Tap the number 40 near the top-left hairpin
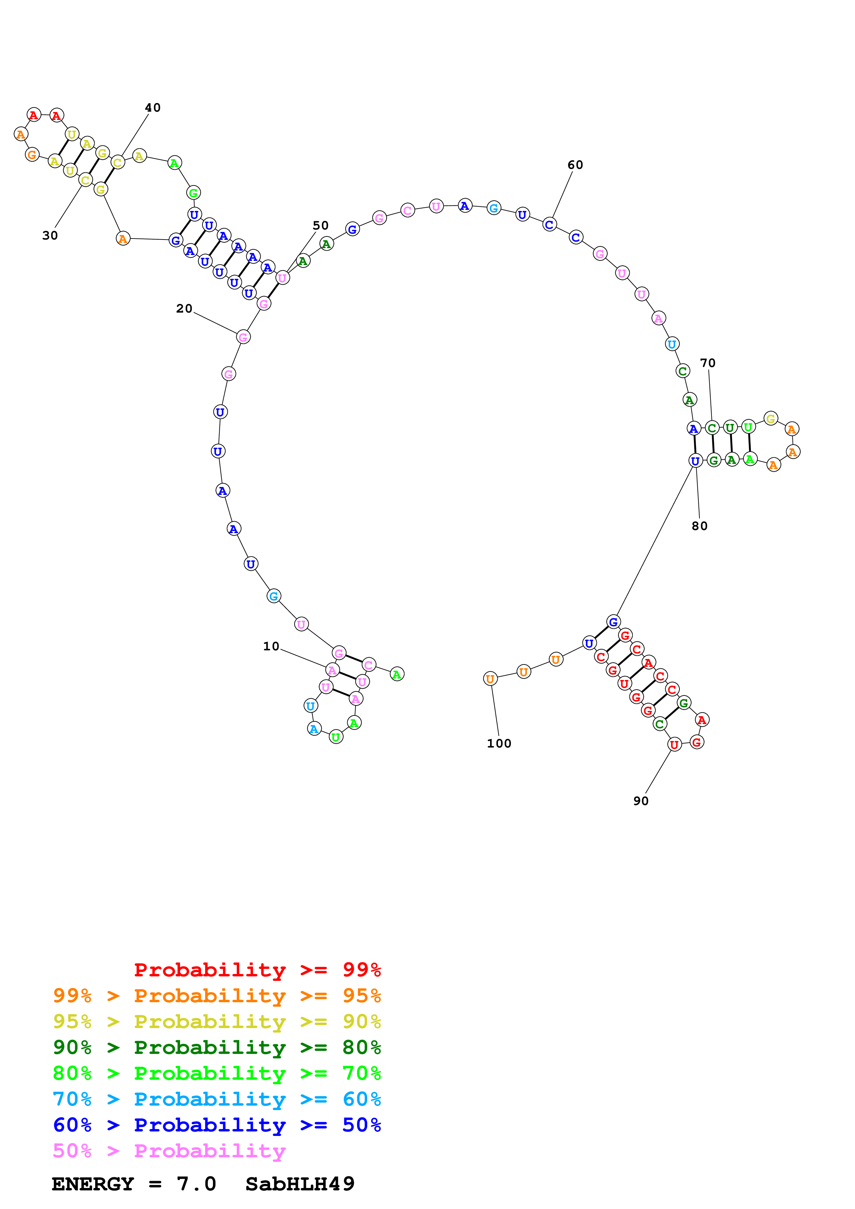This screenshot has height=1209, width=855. coord(153,108)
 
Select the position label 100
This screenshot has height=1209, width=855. coord(499,743)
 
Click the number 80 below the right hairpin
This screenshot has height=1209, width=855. coord(699,526)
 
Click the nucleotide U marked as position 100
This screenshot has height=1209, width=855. coord(490,679)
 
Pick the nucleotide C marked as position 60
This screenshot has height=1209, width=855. coord(549,225)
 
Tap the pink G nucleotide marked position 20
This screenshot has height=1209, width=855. coord(243,337)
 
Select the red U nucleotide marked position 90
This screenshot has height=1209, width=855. coord(674,744)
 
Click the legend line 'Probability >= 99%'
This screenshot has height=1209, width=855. coord(257,970)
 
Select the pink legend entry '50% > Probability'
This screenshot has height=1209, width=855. coord(169,1150)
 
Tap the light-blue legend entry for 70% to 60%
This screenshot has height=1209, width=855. coord(217,1099)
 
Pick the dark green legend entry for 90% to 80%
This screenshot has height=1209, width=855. coord(217,1047)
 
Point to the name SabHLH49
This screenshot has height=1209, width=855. coord(300,1184)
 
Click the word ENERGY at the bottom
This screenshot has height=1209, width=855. coord(93,1184)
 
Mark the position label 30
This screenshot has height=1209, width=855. coord(50,236)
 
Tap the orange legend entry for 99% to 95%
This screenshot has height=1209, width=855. coord(217,996)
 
